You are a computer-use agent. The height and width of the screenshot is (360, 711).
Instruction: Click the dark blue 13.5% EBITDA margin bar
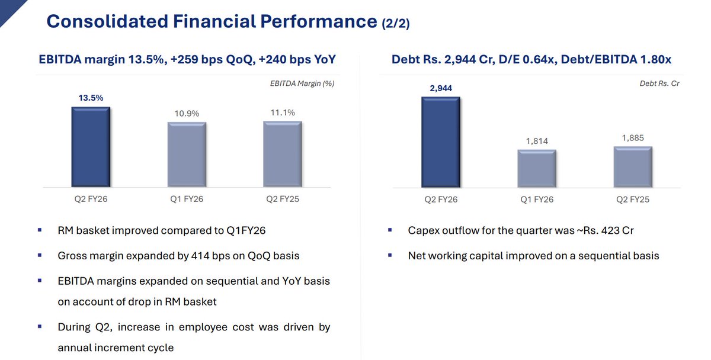[x=90, y=147]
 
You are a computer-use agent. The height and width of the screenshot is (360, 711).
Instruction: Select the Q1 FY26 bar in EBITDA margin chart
[x=187, y=155]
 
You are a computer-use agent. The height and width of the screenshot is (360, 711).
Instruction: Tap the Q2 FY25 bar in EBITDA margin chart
[x=283, y=154]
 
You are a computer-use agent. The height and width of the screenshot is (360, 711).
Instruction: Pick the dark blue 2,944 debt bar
[x=440, y=142]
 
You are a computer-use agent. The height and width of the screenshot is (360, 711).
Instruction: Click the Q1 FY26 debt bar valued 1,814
[x=537, y=169]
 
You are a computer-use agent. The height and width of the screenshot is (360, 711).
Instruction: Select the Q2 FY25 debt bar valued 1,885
[x=633, y=167]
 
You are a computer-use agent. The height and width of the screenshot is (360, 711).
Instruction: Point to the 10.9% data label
[x=187, y=113]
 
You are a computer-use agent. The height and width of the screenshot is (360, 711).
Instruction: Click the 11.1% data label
[x=283, y=112]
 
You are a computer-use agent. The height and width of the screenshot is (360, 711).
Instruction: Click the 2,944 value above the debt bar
[x=440, y=88]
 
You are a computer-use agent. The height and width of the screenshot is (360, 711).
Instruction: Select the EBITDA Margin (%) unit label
[x=298, y=83]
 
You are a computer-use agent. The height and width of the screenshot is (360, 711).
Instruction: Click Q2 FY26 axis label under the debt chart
[x=441, y=200]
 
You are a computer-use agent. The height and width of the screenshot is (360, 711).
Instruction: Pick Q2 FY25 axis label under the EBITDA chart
[x=283, y=199]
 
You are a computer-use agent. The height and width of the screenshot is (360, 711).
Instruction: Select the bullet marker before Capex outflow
[x=390, y=230]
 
